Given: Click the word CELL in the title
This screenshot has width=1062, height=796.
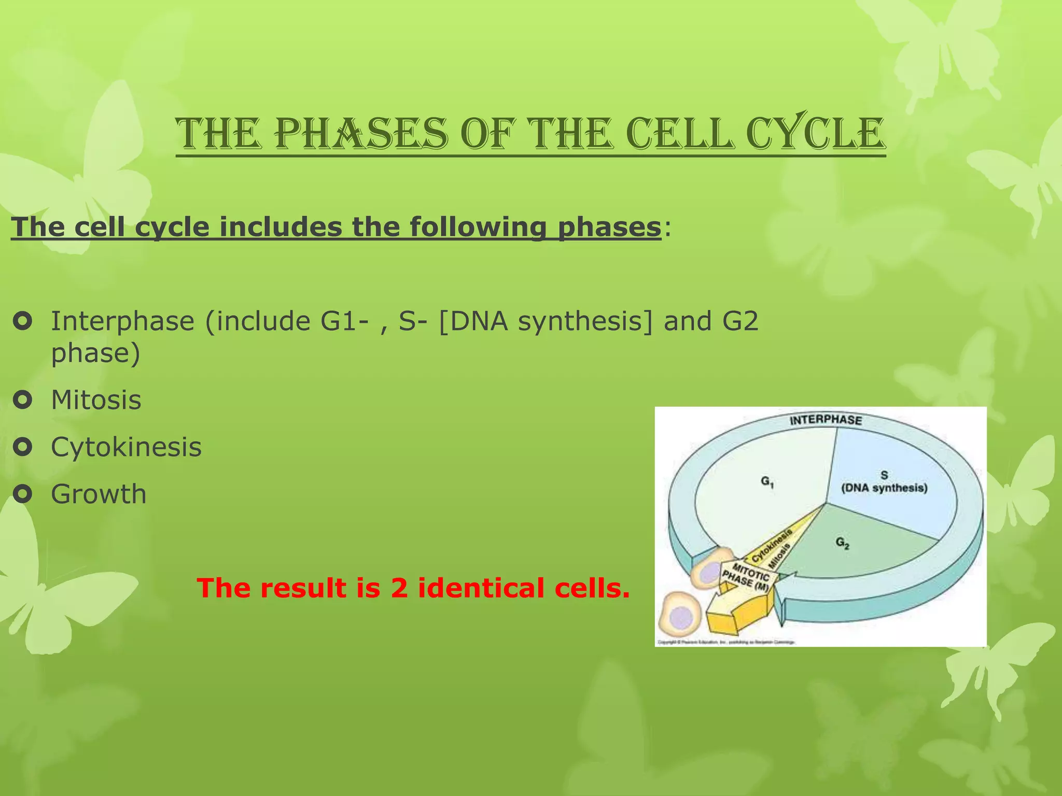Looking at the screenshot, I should pos(685,134).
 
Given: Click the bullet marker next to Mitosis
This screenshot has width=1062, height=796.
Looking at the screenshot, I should pos(23,400).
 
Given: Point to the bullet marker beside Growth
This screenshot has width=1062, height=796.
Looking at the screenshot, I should pos(23,493).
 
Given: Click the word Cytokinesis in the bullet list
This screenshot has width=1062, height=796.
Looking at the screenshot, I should pos(126,447).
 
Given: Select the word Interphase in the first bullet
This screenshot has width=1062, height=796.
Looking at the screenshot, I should pos(122,321).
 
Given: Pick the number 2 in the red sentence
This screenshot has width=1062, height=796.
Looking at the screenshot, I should pos(399,588).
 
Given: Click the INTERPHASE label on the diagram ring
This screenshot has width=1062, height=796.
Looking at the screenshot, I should pos(826,420).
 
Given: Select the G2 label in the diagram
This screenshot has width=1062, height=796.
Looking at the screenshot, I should pos(842,543).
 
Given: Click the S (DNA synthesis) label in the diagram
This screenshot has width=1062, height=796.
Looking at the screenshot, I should pos(884,482).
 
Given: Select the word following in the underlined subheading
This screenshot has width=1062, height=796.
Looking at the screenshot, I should pos(478,227).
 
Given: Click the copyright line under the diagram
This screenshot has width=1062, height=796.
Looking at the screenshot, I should pos(726,643).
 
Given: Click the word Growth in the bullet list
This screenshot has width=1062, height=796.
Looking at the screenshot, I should pos(99,494).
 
